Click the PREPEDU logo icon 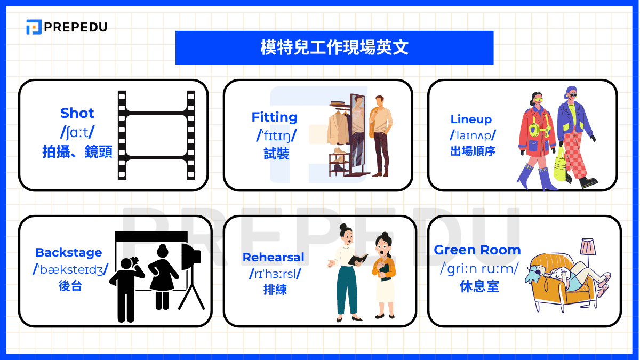pyautogui.click(x=34, y=27)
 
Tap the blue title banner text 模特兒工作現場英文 pyautogui.click(x=334, y=47)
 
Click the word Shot pyautogui.click(x=77, y=113)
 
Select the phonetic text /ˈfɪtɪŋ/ pyautogui.click(x=275, y=135)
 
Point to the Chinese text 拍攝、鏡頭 pyautogui.click(x=77, y=153)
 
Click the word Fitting pyautogui.click(x=275, y=117)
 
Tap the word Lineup pyautogui.click(x=471, y=119)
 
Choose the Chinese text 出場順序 pyautogui.click(x=473, y=151)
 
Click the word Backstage pyautogui.click(x=68, y=253)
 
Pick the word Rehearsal pyautogui.click(x=274, y=257)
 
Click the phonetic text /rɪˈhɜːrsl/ pyautogui.click(x=275, y=274)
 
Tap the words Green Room pyautogui.click(x=477, y=250)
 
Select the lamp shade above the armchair pyautogui.click(x=588, y=247)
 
